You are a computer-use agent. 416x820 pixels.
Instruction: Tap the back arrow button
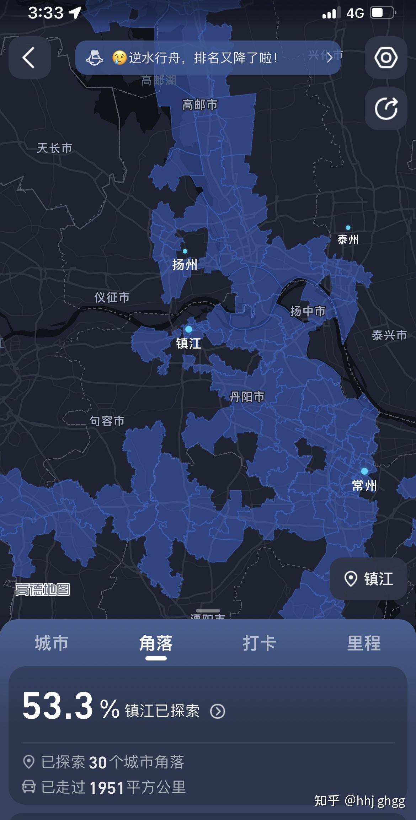click(30, 58)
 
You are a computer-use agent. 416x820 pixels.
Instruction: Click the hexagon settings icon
click(386, 58)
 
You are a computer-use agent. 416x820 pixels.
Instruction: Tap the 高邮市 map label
click(199, 105)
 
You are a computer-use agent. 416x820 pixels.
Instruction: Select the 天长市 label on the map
click(54, 148)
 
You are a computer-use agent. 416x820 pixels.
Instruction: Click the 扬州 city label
click(185, 265)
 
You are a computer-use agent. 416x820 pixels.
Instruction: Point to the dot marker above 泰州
click(348, 228)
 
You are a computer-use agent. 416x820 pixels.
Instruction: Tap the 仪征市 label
click(112, 297)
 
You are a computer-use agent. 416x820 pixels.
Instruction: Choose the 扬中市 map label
click(308, 311)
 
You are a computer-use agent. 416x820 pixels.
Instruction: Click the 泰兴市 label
click(389, 335)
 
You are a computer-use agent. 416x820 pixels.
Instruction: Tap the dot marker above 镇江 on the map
click(189, 329)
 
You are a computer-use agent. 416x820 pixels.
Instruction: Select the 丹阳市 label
click(247, 396)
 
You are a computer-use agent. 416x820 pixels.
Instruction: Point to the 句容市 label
click(107, 421)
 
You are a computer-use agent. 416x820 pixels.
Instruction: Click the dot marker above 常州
click(364, 471)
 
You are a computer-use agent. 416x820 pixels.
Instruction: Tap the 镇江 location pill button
click(368, 579)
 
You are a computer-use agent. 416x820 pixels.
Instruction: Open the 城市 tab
click(52, 643)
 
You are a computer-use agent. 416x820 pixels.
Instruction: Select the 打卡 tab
click(260, 643)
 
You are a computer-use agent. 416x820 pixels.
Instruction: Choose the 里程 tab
click(364, 643)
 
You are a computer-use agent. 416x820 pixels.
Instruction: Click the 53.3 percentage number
click(58, 706)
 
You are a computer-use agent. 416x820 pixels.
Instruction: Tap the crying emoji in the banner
click(119, 58)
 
